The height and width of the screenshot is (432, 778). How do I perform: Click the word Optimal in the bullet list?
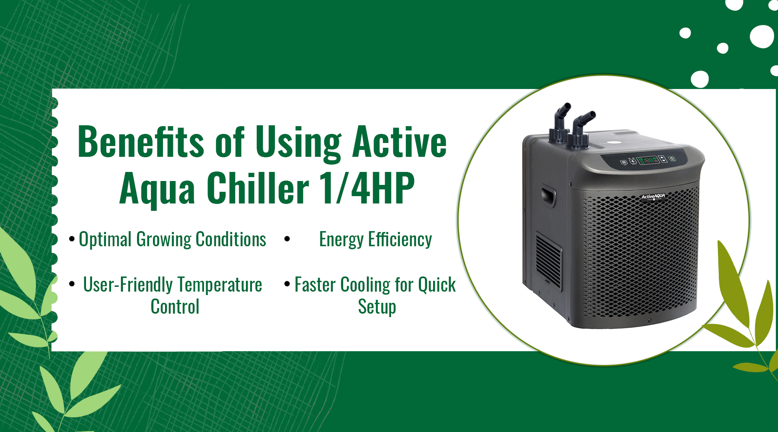click(x=105, y=240)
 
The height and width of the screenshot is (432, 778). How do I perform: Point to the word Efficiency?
click(x=400, y=239)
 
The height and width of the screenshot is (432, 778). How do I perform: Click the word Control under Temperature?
click(x=175, y=307)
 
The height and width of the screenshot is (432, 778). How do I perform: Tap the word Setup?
click(x=377, y=307)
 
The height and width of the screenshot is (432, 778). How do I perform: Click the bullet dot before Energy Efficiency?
click(x=287, y=239)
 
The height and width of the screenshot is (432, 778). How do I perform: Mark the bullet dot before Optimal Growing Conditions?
click(x=72, y=239)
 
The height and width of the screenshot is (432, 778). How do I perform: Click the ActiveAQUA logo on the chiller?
click(x=653, y=197)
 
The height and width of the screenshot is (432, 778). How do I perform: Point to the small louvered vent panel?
click(x=549, y=261)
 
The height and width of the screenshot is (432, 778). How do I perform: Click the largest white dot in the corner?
click(x=762, y=36)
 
